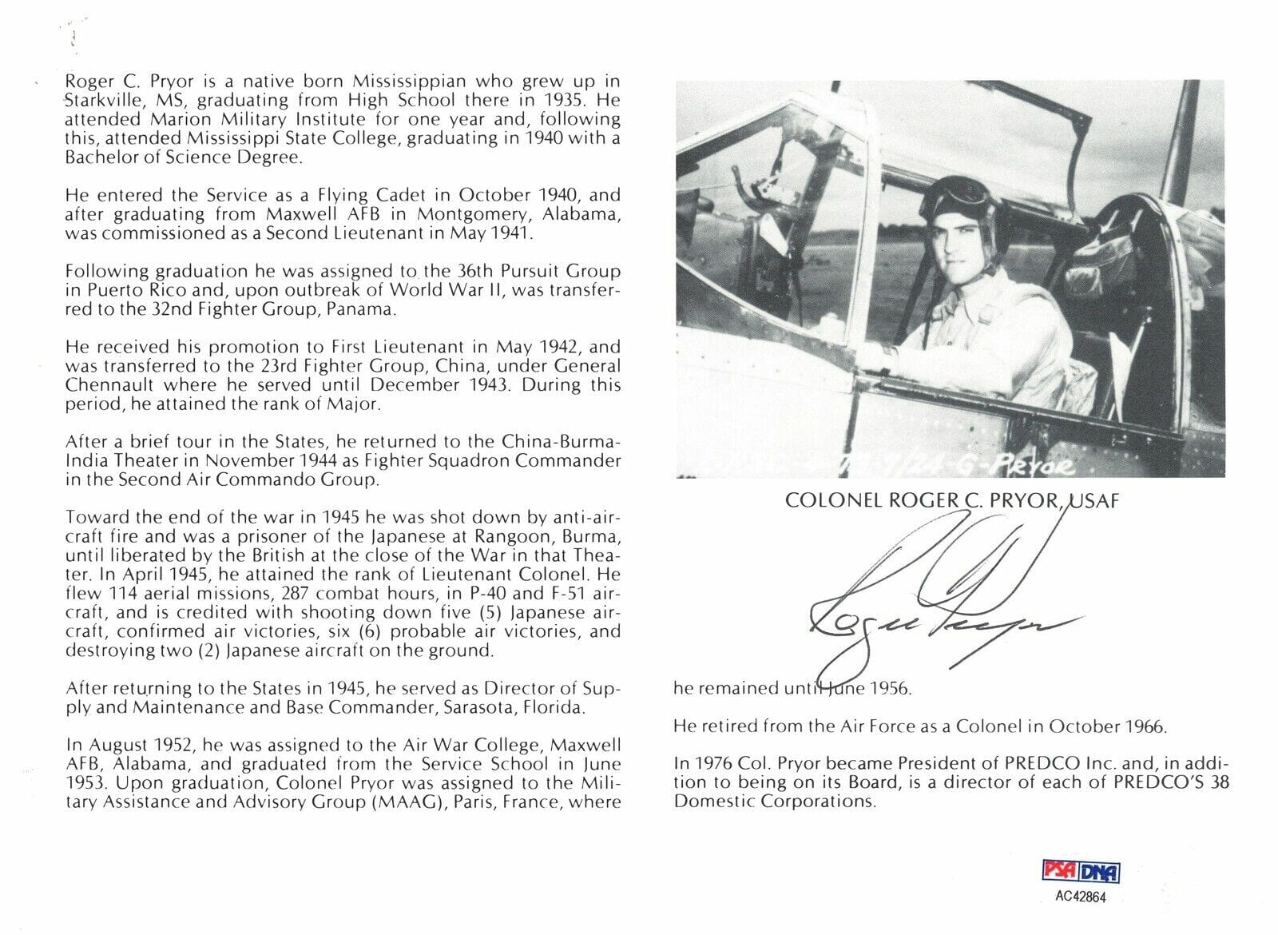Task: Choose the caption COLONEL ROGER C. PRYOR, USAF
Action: pyautogui.click(x=951, y=501)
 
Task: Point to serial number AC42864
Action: pyautogui.click(x=1079, y=897)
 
